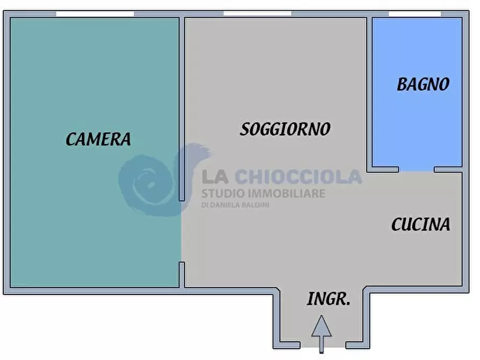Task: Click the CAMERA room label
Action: click(98, 139)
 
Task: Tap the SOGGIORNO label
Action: click(285, 129)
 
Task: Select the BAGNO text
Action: click(424, 84)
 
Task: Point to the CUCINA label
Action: click(421, 225)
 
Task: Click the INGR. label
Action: click(328, 299)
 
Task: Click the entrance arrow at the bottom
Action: click(321, 334)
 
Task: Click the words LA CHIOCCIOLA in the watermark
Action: click(282, 177)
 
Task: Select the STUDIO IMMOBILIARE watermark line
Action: click(263, 193)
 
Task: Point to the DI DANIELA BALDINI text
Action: click(235, 205)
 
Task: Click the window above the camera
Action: click(95, 14)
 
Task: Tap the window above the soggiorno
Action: click(257, 13)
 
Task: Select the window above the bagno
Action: click(414, 14)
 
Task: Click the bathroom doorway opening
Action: click(417, 169)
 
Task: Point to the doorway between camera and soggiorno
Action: click(182, 232)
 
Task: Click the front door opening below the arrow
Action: click(323, 345)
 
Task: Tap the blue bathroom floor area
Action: click(417, 92)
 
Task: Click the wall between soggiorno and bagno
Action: click(369, 93)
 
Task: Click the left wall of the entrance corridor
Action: click(276, 319)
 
